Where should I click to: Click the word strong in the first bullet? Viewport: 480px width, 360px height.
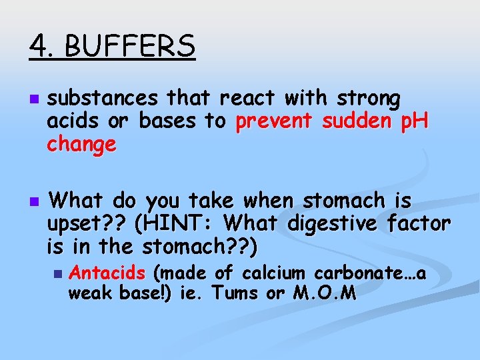tap(369, 99)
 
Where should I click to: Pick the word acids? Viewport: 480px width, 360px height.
tap(70, 122)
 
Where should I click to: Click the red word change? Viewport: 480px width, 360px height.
tap(82, 144)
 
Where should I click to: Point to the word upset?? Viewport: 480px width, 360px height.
tap(86, 224)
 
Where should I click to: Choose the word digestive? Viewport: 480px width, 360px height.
tap(331, 224)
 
